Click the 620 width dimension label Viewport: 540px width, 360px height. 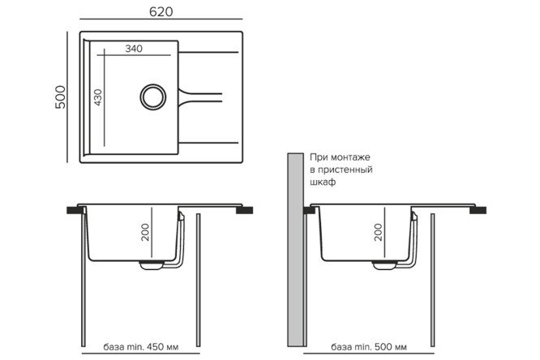161,11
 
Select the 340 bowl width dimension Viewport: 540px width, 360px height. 134,49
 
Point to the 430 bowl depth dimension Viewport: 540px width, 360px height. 98,98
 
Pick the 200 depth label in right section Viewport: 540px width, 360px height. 378,234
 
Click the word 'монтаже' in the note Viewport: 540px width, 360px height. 345,156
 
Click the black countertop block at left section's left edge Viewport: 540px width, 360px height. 75,209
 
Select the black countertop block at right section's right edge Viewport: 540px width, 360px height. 480,209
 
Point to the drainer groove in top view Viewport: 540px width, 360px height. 199,95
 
